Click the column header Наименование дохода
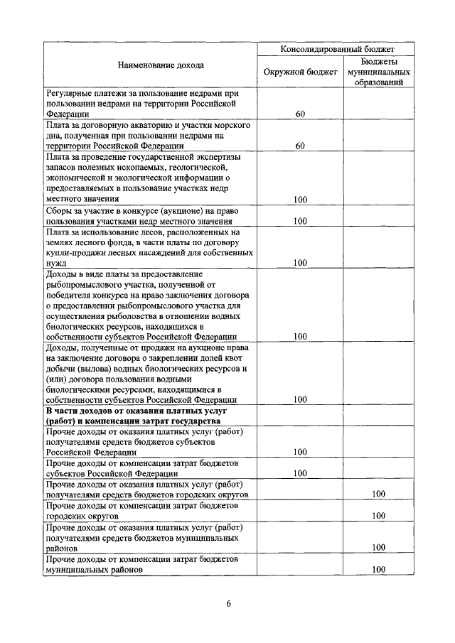click(x=150, y=65)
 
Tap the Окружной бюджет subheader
click(x=299, y=72)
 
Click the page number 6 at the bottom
click(x=228, y=604)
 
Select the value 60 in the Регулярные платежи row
click(x=300, y=113)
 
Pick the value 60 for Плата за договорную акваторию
click(x=300, y=146)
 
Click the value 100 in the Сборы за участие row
click(x=300, y=221)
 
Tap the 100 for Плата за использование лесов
click(x=300, y=263)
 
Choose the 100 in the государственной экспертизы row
click(x=300, y=200)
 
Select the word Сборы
click(x=59, y=210)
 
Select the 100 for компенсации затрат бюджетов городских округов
click(x=378, y=516)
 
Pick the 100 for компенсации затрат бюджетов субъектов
click(x=300, y=473)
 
